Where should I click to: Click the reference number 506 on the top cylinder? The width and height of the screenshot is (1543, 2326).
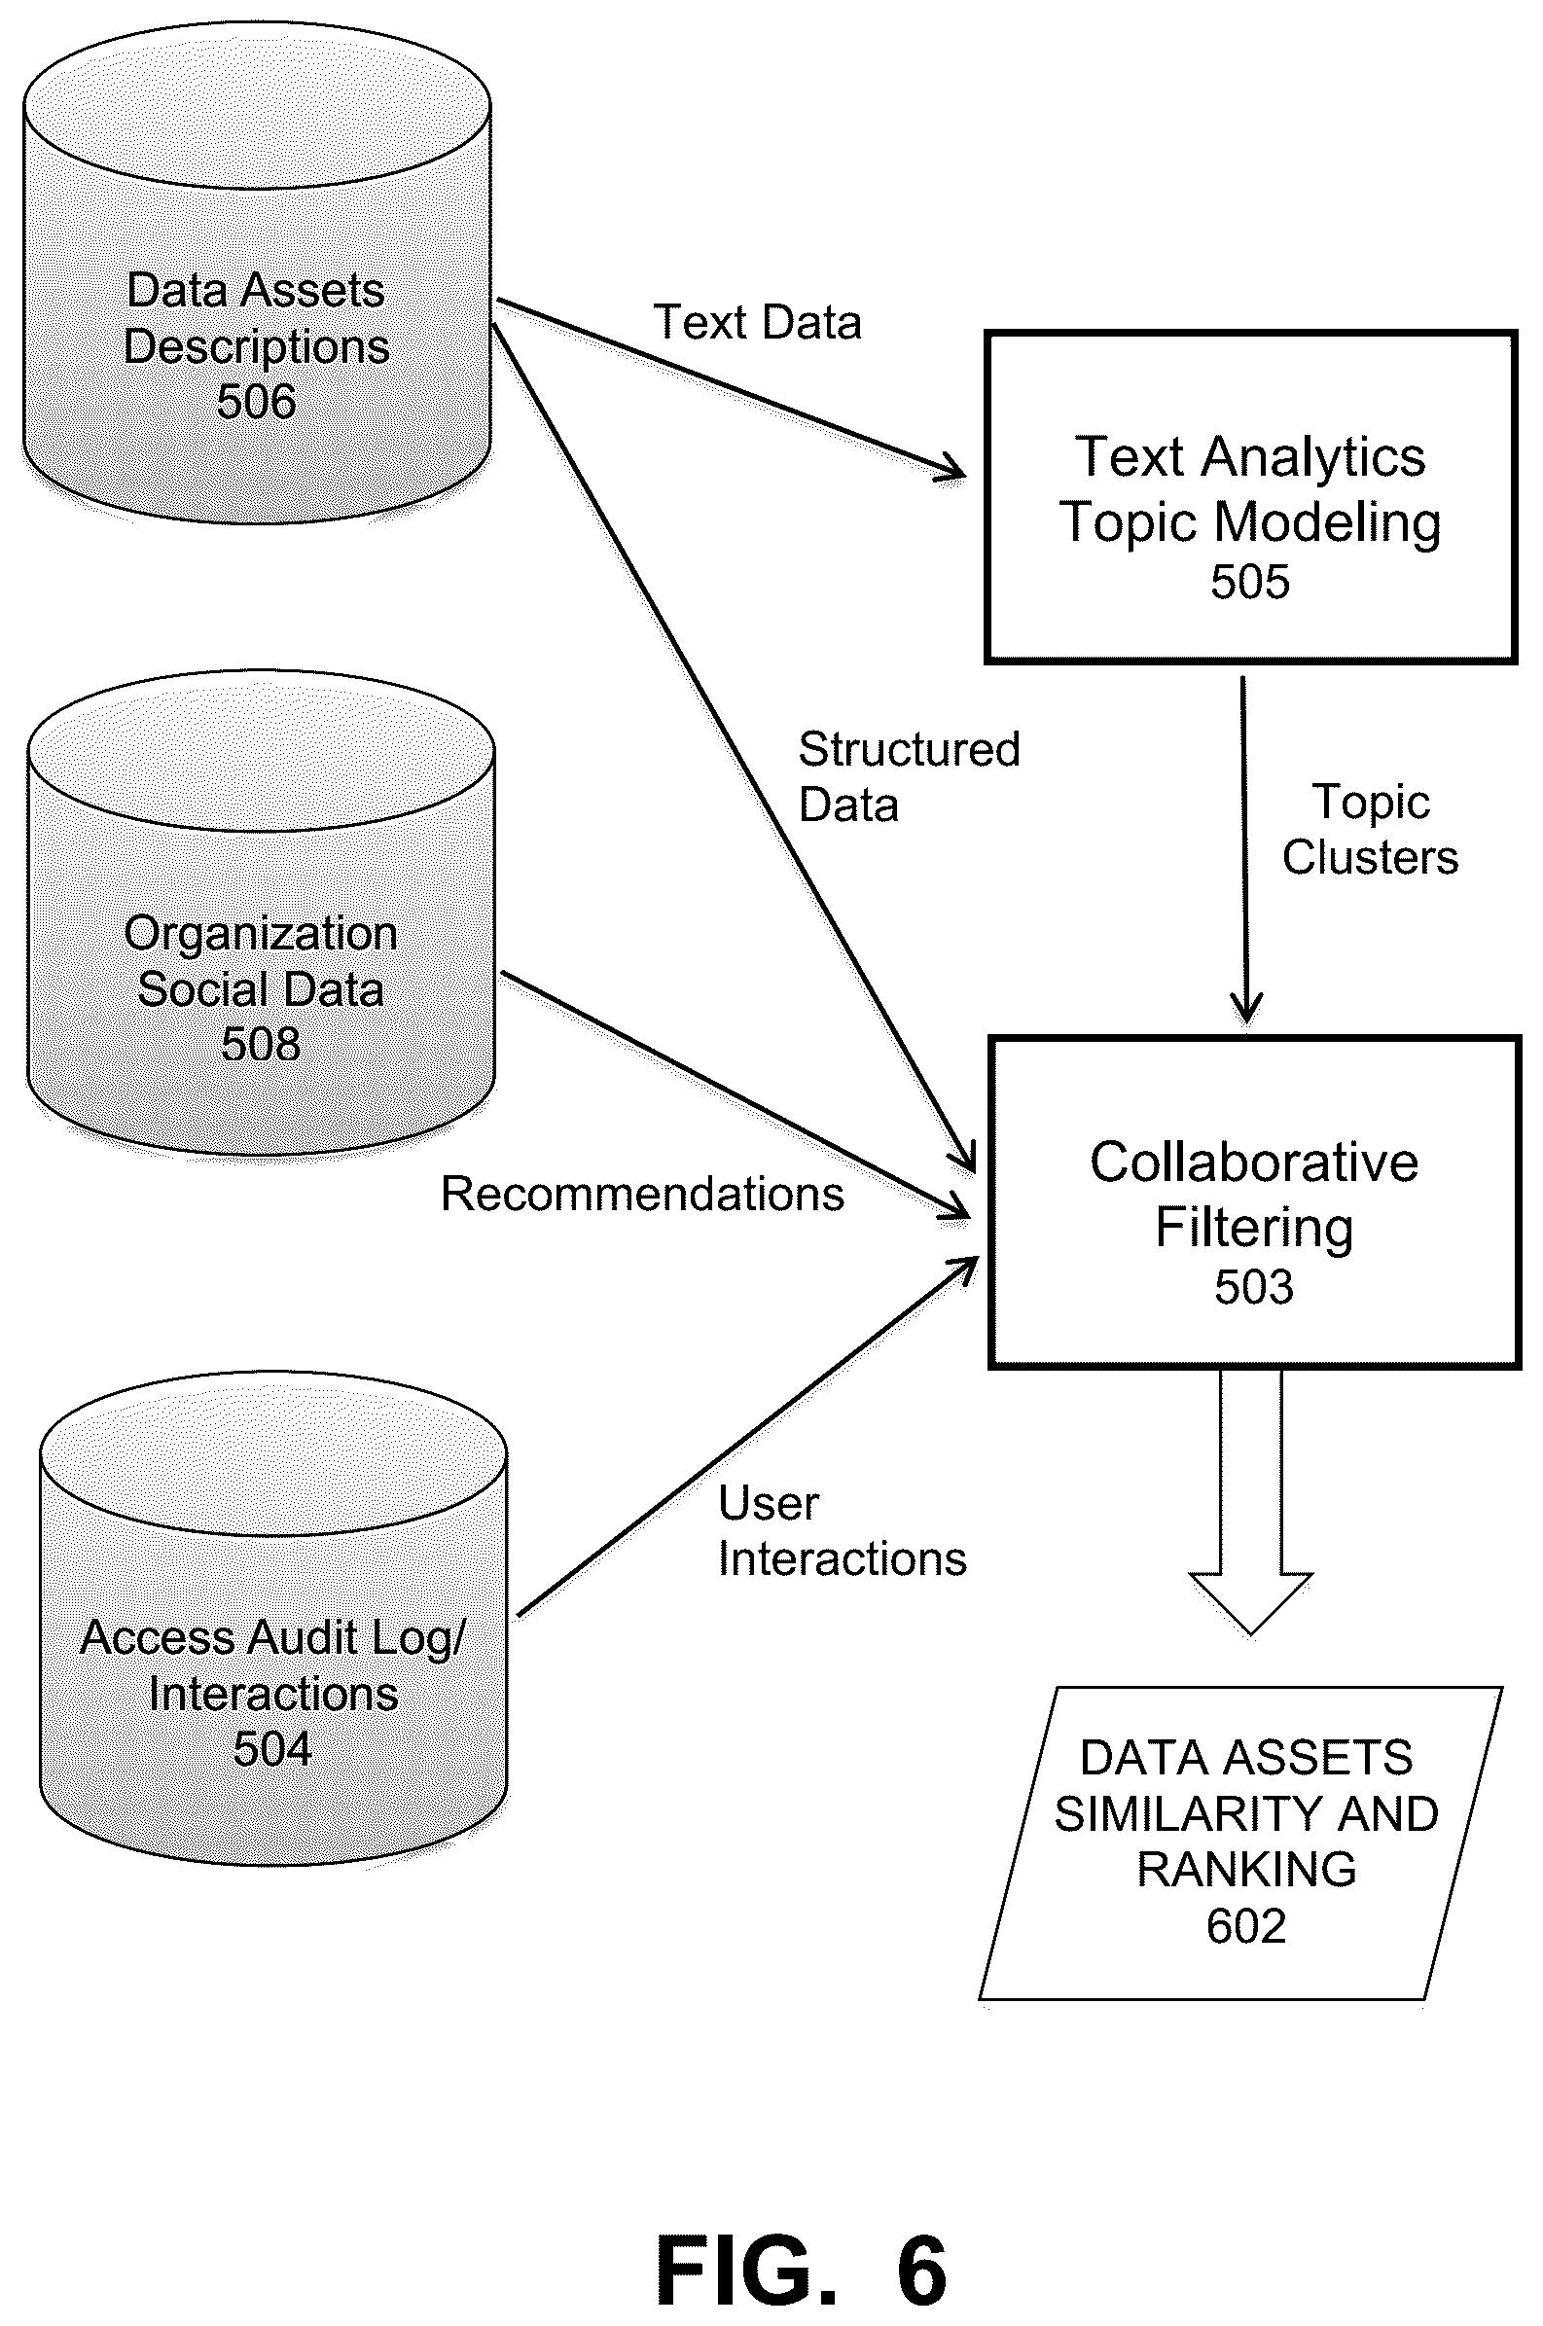pyautogui.click(x=256, y=402)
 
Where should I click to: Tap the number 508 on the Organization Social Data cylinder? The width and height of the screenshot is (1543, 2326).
pyautogui.click(x=260, y=1044)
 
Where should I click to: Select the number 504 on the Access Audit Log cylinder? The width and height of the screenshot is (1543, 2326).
pyautogui.click(x=272, y=1748)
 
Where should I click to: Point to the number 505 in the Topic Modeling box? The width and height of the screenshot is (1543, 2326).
pyautogui.click(x=1250, y=581)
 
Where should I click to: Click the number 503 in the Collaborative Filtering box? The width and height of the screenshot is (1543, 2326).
pyautogui.click(x=1254, y=1286)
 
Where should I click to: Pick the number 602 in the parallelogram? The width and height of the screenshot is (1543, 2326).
pyautogui.click(x=1246, y=1925)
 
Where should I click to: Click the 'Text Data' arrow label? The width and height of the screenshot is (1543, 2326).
pyautogui.click(x=757, y=323)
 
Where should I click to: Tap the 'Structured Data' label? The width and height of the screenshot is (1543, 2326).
pyautogui.click(x=909, y=777)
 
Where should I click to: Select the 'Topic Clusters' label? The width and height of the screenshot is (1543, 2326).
pyautogui.click(x=1370, y=830)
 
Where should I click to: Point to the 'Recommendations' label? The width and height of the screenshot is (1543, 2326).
pyautogui.click(x=641, y=1194)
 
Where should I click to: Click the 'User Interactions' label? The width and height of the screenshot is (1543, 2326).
pyautogui.click(x=843, y=1530)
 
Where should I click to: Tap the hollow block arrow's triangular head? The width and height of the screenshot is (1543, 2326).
pyautogui.click(x=1251, y=1601)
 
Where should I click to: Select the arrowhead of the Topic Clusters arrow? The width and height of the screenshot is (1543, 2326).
pyautogui.click(x=1247, y=1010)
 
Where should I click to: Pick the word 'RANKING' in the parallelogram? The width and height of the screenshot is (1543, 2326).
pyautogui.click(x=1247, y=1870)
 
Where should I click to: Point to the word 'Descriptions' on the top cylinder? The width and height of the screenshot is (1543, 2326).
pyautogui.click(x=256, y=347)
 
